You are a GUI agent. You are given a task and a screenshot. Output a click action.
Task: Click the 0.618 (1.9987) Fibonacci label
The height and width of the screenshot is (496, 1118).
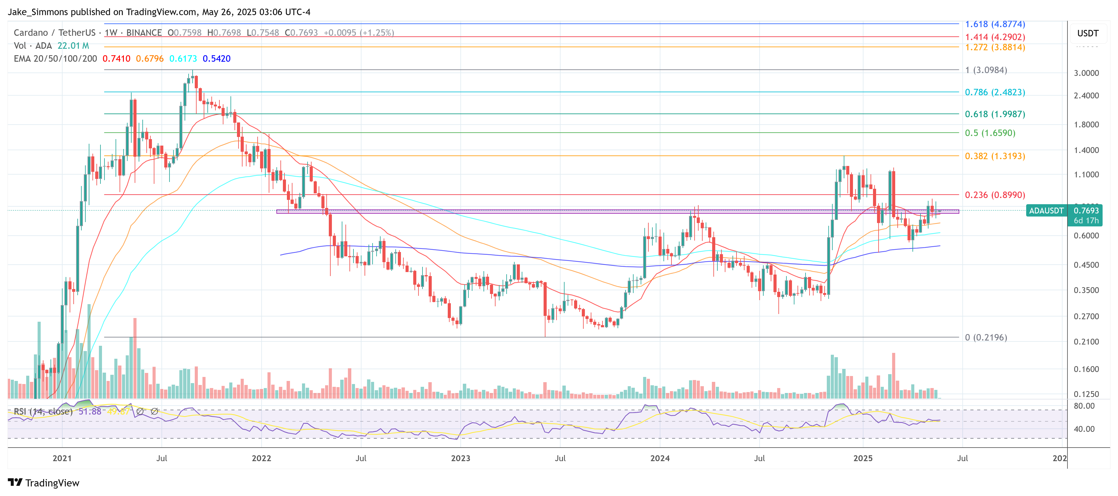[x=994, y=114]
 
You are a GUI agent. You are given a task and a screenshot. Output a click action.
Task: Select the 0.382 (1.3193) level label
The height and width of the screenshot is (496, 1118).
[x=995, y=156]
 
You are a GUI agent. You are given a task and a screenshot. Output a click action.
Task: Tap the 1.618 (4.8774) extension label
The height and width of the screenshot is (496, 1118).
[x=995, y=24]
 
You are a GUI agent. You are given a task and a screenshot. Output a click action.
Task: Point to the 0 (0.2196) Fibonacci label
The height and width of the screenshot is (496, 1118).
[x=985, y=337]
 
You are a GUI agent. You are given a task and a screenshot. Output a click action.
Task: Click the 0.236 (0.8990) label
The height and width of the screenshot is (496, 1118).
[x=995, y=195]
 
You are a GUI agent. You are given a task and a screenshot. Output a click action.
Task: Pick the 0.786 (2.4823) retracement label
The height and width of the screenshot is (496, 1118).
[x=995, y=92]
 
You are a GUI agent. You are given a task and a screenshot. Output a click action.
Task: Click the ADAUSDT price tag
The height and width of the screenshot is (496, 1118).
[x=1046, y=211]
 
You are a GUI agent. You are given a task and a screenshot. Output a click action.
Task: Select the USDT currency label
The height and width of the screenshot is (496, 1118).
[x=1087, y=33]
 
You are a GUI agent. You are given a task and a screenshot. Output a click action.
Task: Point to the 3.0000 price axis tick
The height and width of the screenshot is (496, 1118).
[x=1086, y=73]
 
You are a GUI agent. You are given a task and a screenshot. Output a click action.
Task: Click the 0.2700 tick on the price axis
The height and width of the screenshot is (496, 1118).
[x=1086, y=316]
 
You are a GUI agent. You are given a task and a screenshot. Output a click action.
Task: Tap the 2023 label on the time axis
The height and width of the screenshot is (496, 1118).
[x=460, y=458]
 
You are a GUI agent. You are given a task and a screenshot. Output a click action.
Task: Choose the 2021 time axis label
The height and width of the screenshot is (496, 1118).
[x=62, y=458]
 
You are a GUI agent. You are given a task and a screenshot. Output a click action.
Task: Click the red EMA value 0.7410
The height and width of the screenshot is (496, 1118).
[x=116, y=59]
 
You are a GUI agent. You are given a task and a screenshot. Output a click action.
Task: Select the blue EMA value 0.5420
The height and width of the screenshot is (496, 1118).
[x=217, y=59]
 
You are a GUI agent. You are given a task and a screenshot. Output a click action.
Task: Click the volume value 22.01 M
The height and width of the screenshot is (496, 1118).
[x=73, y=46]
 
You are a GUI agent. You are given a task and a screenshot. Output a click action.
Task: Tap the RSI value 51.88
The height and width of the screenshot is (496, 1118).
[x=90, y=411]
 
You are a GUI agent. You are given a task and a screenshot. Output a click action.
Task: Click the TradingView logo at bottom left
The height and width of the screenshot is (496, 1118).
[x=43, y=483]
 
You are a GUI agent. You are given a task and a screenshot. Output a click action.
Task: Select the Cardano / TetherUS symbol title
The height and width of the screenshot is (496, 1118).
[x=54, y=33]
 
